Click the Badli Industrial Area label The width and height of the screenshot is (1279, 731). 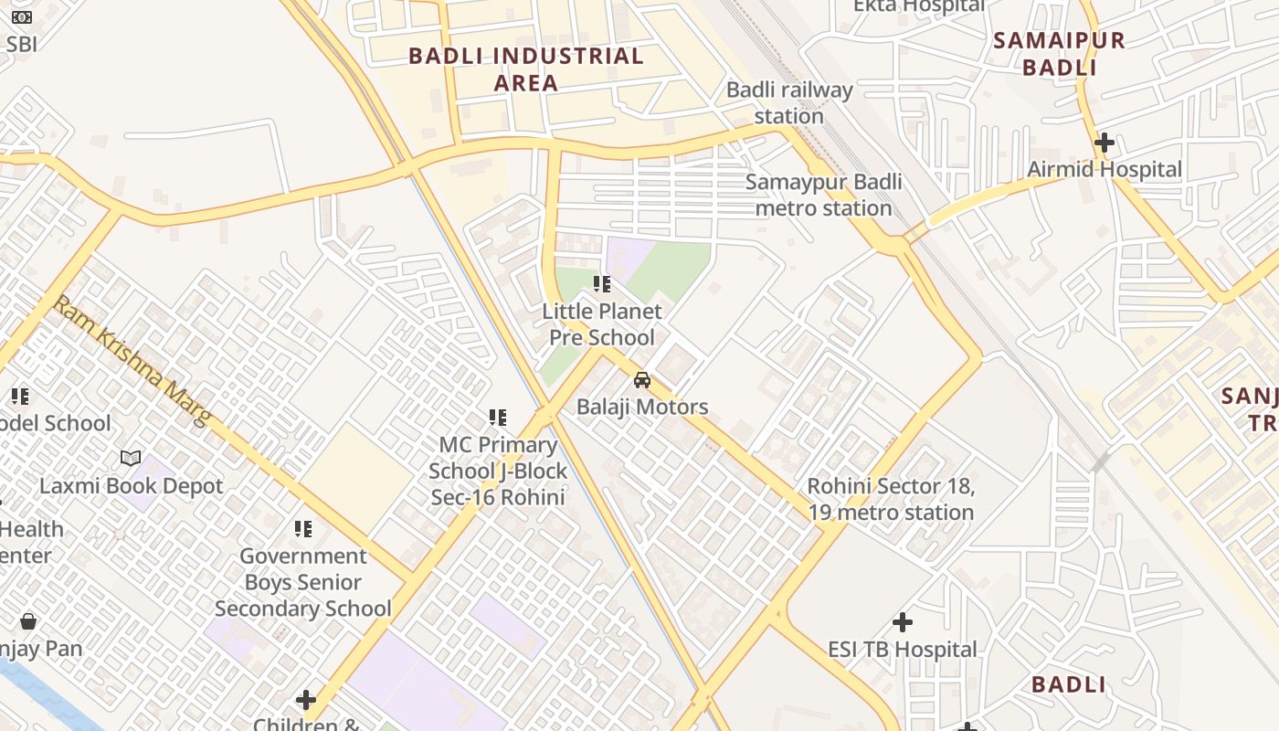525,69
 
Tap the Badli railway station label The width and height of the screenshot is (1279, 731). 789,103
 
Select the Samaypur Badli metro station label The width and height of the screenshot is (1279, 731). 823,195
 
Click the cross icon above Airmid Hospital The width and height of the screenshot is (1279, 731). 1104,143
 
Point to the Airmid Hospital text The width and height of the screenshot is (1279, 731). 1104,169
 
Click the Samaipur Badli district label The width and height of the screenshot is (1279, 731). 1059,54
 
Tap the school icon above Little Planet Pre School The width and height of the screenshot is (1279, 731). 601,284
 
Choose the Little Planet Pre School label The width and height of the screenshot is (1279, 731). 601,324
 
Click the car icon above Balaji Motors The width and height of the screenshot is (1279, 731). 642,380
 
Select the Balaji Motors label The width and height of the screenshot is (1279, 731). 642,407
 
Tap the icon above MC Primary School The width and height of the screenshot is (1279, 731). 498,418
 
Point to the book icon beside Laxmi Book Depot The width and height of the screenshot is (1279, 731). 131,458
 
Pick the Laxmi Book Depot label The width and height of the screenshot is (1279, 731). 131,485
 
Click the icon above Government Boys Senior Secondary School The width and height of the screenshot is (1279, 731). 303,528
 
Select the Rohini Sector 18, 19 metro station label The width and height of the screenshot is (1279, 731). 891,499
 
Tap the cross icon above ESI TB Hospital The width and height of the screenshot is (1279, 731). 903,622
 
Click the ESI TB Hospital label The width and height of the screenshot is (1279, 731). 903,650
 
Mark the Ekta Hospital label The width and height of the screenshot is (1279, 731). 918,6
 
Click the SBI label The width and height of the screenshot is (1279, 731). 21,43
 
